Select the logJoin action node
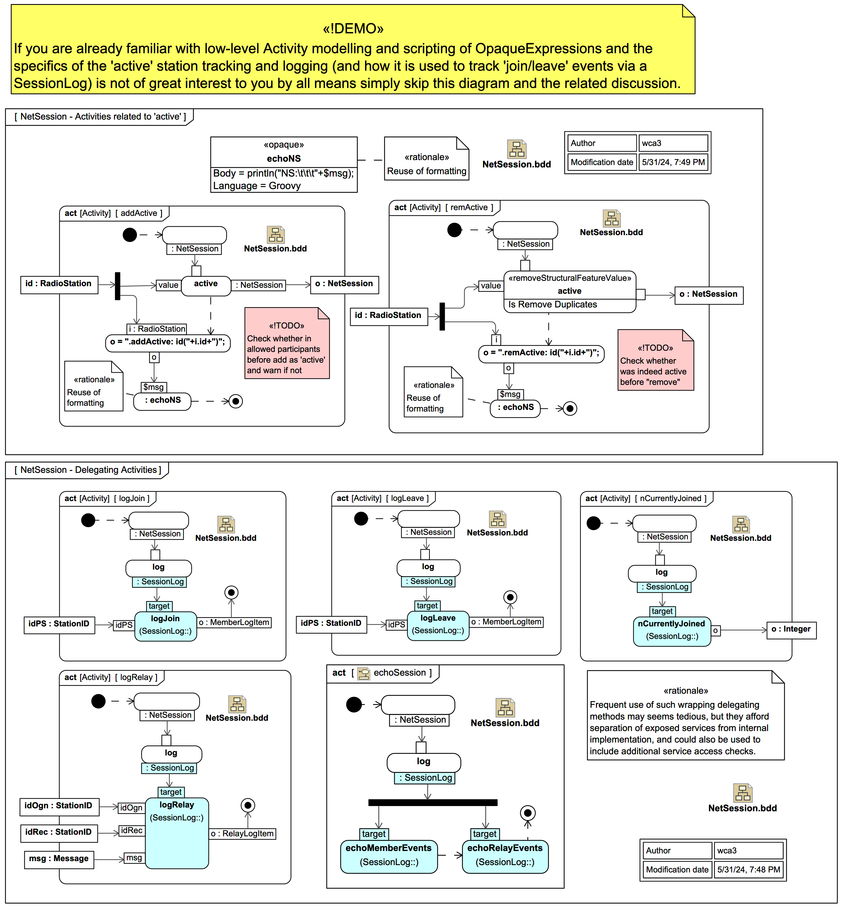click(x=166, y=625)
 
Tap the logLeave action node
click(x=438, y=625)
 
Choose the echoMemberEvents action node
click(x=389, y=856)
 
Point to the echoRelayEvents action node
click(x=505, y=856)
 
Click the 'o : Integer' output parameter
click(x=791, y=630)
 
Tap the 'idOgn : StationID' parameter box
click(x=58, y=806)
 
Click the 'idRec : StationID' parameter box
click(x=58, y=832)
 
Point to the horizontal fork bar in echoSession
click(x=433, y=802)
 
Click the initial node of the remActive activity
click(x=454, y=230)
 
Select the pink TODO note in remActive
click(x=655, y=360)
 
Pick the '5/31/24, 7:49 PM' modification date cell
click(x=673, y=162)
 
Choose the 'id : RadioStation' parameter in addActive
click(x=59, y=284)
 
